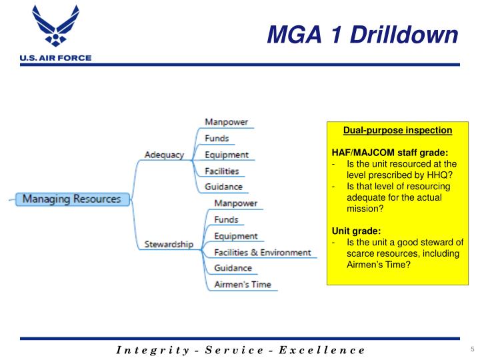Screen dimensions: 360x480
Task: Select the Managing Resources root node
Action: pos(72,199)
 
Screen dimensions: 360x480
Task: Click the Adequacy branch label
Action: pos(164,155)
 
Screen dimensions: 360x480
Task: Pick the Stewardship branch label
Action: pos(169,244)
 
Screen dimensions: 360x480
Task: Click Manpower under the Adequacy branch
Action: pos(226,122)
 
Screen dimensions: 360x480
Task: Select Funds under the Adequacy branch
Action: pos(217,139)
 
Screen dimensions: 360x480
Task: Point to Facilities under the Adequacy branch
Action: pos(222,171)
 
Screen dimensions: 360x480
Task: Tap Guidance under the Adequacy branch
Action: pos(223,187)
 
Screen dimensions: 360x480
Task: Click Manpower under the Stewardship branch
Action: pos(235,203)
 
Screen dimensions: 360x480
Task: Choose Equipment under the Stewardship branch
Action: pos(235,236)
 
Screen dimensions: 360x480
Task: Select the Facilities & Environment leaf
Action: pos(262,252)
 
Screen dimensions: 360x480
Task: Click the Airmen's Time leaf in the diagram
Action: pos(243,285)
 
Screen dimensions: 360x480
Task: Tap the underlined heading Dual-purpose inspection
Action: pos(397,129)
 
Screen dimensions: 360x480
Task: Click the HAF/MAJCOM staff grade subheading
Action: pos(385,152)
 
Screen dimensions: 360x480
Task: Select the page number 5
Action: pos(472,350)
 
